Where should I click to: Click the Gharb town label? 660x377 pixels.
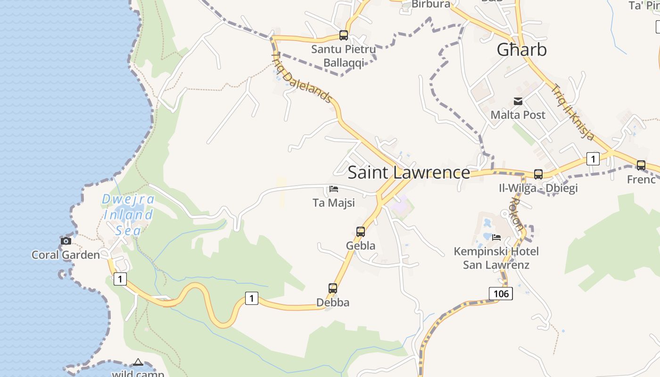pyautogui.click(x=522, y=49)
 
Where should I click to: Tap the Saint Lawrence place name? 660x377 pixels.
pyautogui.click(x=409, y=172)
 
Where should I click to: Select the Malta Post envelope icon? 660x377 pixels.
pyautogui.click(x=518, y=101)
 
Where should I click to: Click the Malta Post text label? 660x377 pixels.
pyautogui.click(x=518, y=115)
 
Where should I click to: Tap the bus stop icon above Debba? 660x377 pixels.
pyautogui.click(x=333, y=288)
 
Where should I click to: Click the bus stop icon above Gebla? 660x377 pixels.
pyautogui.click(x=361, y=231)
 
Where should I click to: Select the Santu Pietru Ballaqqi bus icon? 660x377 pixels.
pyautogui.click(x=344, y=35)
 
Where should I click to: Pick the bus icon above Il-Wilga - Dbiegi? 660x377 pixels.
pyautogui.click(x=538, y=174)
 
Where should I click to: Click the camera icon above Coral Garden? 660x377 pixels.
pyautogui.click(x=66, y=241)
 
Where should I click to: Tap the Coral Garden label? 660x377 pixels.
pyautogui.click(x=66, y=255)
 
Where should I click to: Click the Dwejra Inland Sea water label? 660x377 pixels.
pyautogui.click(x=128, y=215)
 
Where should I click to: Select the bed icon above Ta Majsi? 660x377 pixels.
pyautogui.click(x=334, y=189)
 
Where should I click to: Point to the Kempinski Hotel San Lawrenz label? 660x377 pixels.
pyautogui.click(x=496, y=258)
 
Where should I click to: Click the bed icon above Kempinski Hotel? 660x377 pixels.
pyautogui.click(x=496, y=237)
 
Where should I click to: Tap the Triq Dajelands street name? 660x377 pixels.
pyautogui.click(x=303, y=78)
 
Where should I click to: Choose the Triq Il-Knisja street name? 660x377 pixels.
pyautogui.click(x=573, y=112)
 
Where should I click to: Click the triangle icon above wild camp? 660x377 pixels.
pyautogui.click(x=138, y=362)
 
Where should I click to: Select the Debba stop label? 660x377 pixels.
pyautogui.click(x=333, y=303)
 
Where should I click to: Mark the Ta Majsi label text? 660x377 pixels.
pyautogui.click(x=334, y=203)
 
